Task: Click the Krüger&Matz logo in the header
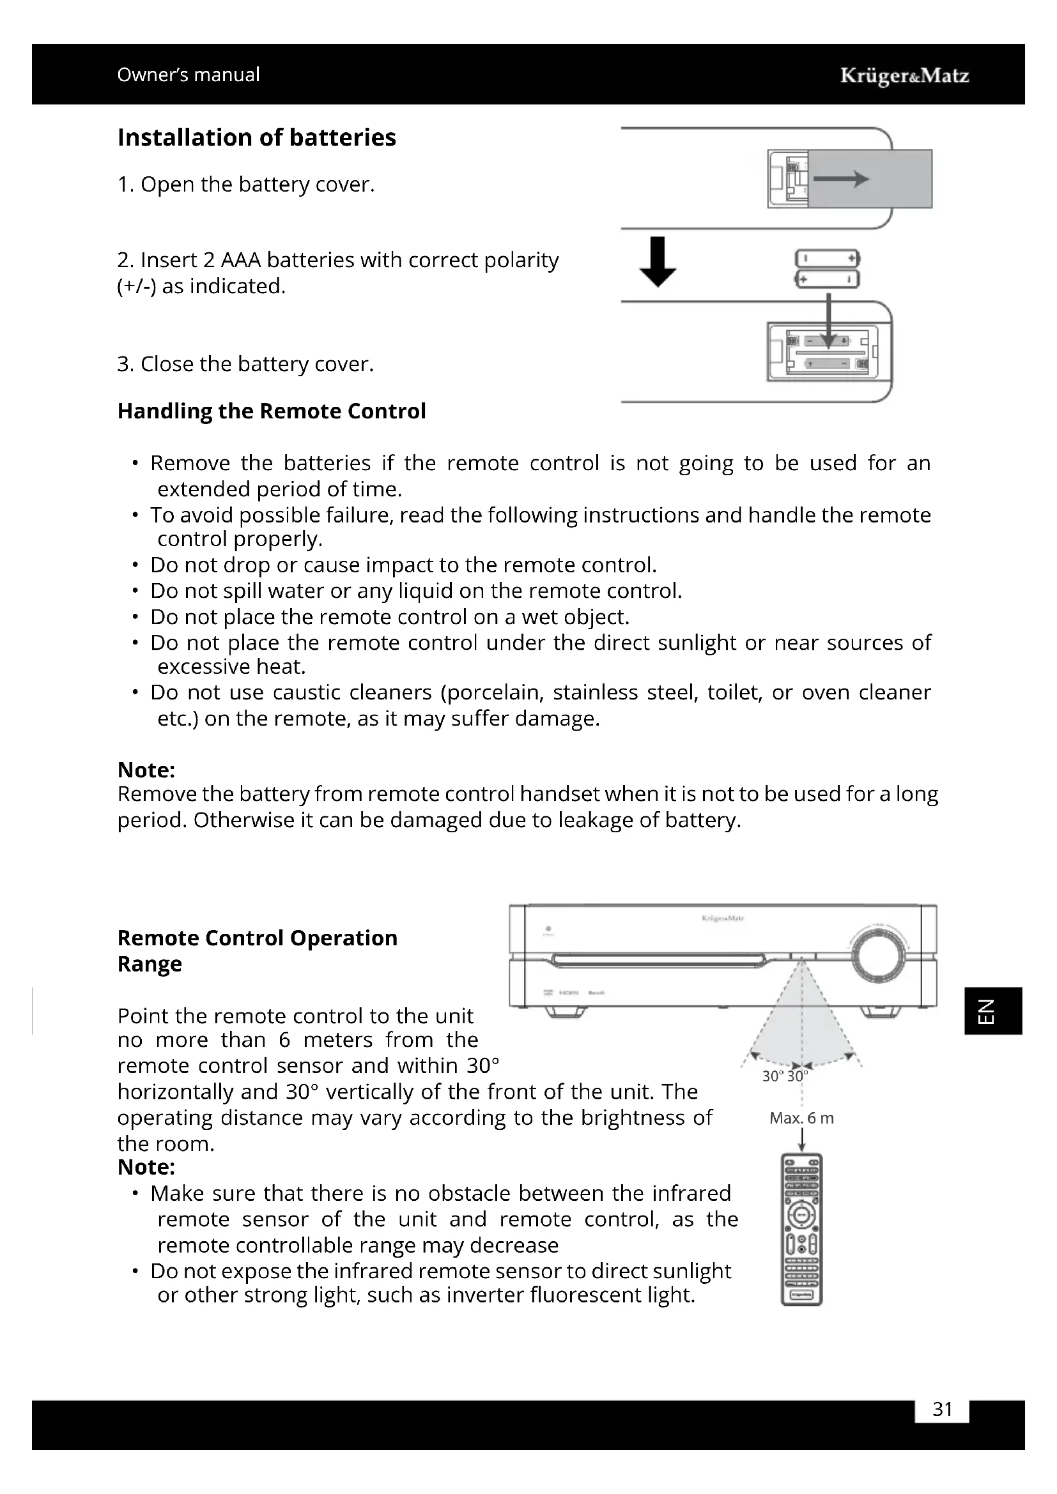click(904, 75)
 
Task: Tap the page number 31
click(942, 1409)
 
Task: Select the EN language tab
click(992, 1010)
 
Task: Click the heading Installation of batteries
click(256, 137)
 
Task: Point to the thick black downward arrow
click(658, 262)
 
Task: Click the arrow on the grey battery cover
click(841, 179)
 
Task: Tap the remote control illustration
click(801, 1229)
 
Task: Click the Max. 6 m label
click(801, 1118)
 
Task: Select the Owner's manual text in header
click(188, 75)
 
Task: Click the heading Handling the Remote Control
click(272, 411)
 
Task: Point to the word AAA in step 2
click(240, 260)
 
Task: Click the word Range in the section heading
click(149, 964)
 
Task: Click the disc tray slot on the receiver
click(658, 961)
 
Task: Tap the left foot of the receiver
click(564, 1012)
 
